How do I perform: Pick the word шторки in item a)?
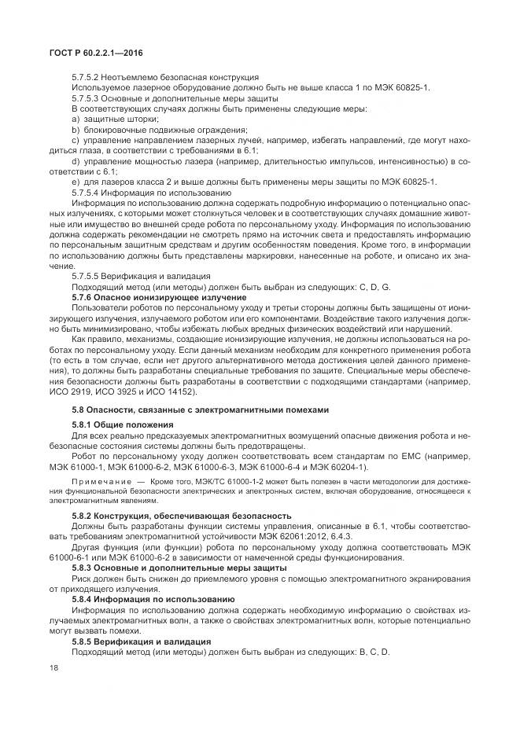pyautogui.click(x=132, y=119)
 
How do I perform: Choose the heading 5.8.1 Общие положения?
pyautogui.click(x=118, y=424)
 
